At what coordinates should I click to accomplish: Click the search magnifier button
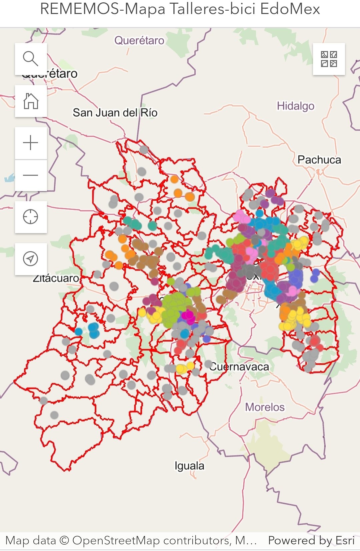click(31, 59)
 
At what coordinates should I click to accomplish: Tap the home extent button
click(31, 101)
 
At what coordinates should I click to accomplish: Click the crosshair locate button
click(31, 217)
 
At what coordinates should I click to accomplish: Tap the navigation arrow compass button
click(31, 259)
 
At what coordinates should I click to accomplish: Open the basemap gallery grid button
click(329, 59)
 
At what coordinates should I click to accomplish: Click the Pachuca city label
click(319, 160)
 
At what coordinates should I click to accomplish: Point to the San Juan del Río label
click(115, 113)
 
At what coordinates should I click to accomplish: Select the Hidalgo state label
click(295, 106)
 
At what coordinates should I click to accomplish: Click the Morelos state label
click(265, 407)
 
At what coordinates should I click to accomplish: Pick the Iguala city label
click(189, 466)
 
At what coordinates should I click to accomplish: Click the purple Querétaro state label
click(139, 41)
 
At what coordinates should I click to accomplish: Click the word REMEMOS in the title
click(80, 9)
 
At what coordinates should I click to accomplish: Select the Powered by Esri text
click(311, 540)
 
